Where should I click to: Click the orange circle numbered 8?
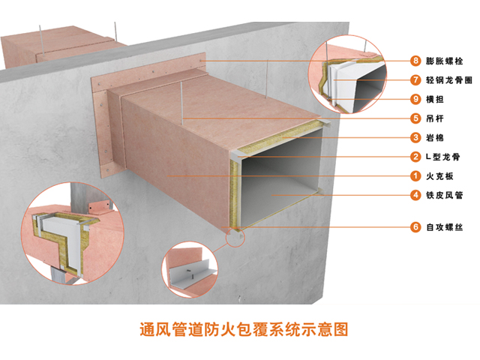pos(415,61)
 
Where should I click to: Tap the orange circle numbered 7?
pos(415,80)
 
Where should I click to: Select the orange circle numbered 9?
pos(415,99)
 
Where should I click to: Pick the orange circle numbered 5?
pos(415,118)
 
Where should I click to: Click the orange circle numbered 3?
pos(415,138)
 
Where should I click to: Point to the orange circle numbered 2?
pos(415,157)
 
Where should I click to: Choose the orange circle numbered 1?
pos(415,176)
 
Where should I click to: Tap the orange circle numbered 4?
pos(415,195)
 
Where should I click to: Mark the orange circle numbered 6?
pos(415,227)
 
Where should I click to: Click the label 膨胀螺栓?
pos(444,61)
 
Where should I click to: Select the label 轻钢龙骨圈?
pos(448,80)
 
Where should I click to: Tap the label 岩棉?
pos(435,138)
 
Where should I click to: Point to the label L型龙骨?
pos(443,157)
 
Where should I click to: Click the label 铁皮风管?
pos(444,195)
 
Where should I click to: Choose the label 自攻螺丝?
pos(444,227)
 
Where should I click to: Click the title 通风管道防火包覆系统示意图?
pos(244,329)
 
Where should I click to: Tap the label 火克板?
pos(439,176)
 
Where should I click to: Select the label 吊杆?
pos(435,118)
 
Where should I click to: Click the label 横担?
pos(435,99)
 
